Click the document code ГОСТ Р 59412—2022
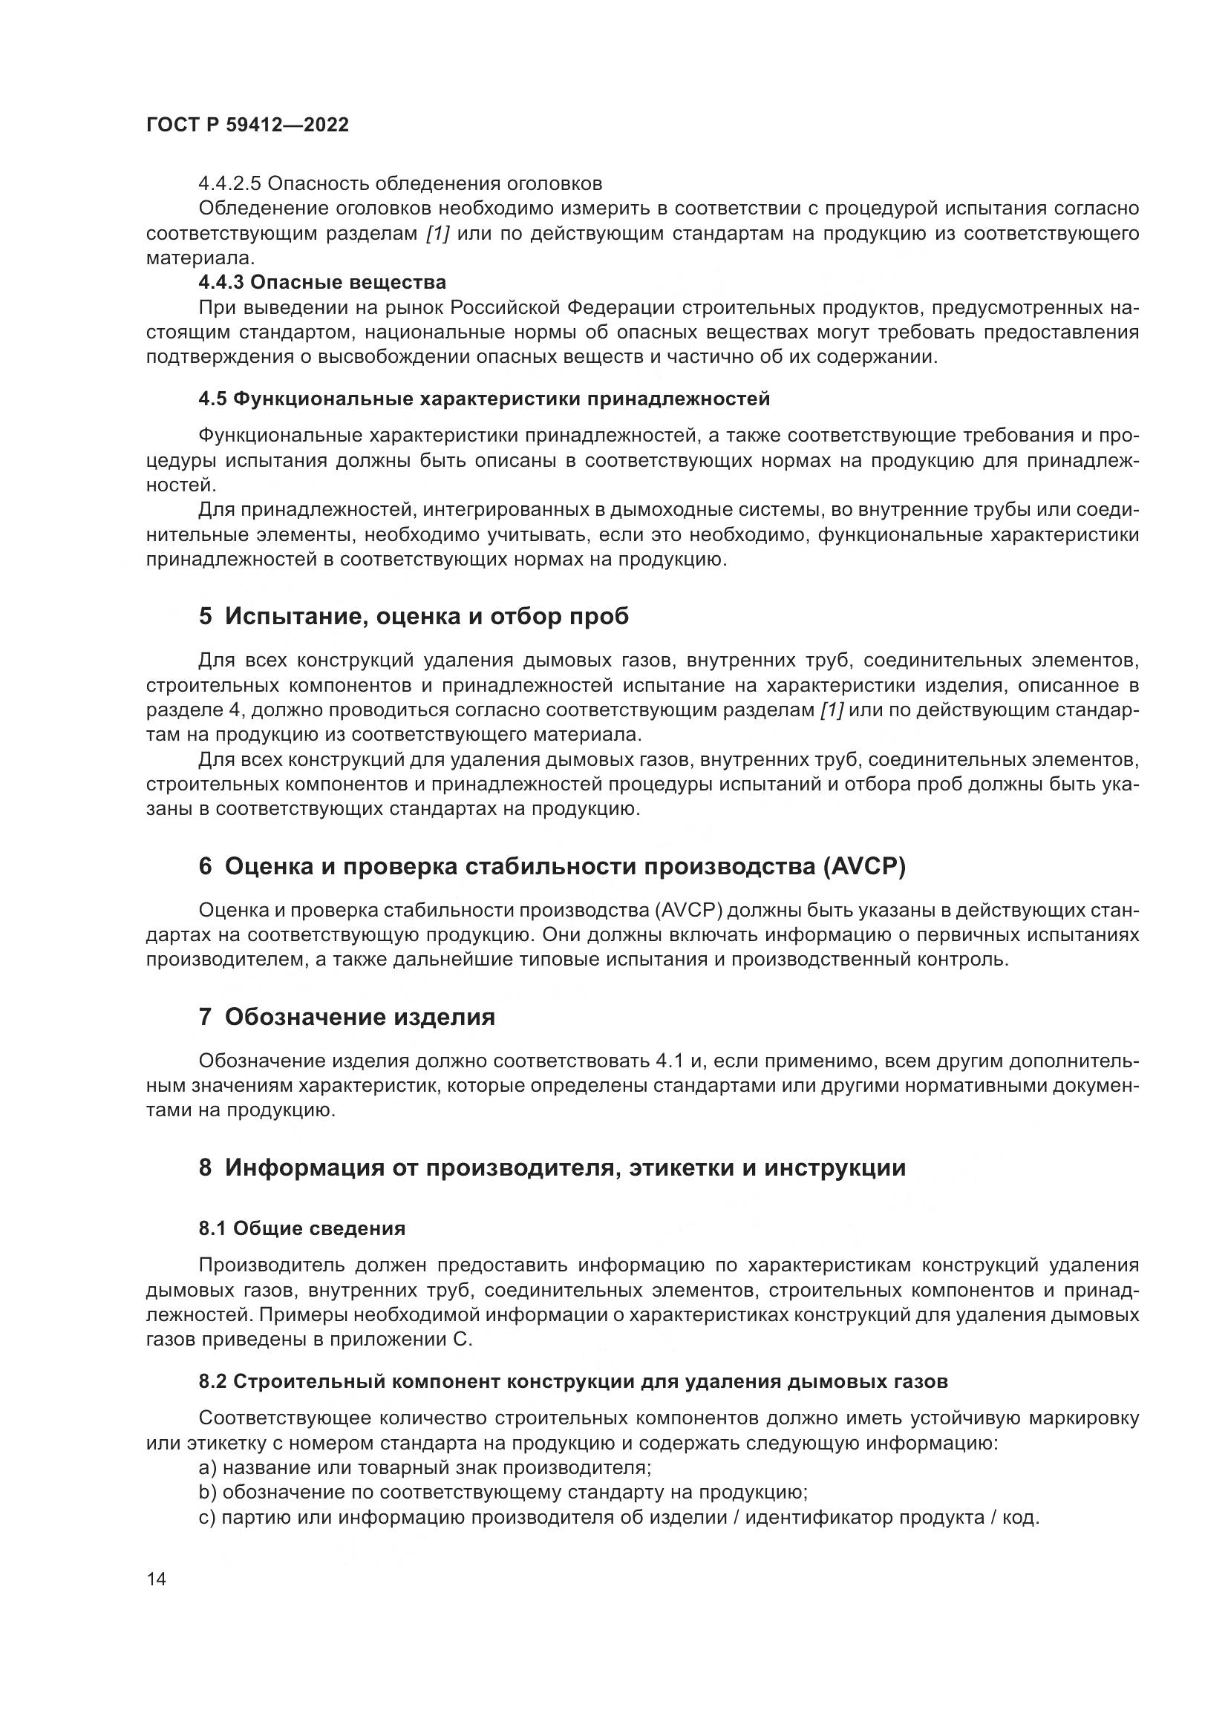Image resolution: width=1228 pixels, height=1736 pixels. click(x=247, y=125)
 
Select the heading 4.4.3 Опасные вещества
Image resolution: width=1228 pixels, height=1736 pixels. click(x=322, y=283)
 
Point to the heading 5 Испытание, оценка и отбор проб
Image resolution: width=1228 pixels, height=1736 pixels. click(x=414, y=617)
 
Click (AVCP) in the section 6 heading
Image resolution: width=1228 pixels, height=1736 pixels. click(x=863, y=866)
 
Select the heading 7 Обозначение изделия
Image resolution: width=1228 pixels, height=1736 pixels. click(x=347, y=1017)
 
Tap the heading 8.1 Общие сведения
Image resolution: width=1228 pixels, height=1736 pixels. click(x=302, y=1228)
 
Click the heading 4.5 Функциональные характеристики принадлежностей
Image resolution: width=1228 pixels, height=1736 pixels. click(x=484, y=399)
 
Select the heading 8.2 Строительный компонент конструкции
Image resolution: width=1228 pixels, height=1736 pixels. click(x=573, y=1382)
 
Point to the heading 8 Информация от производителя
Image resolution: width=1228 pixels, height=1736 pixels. click(x=552, y=1168)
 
